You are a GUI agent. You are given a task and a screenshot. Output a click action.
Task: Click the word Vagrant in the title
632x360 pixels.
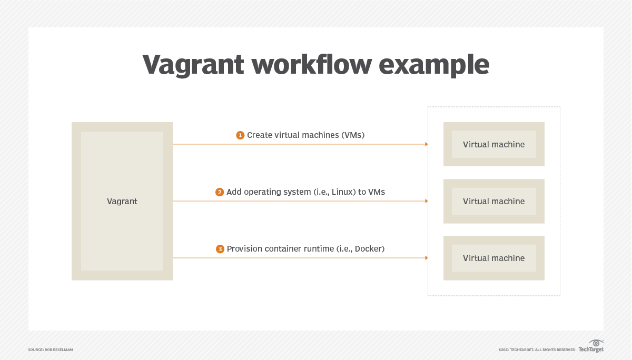pyautogui.click(x=193, y=65)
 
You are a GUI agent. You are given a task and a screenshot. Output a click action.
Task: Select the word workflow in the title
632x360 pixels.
pyautogui.click(x=312, y=65)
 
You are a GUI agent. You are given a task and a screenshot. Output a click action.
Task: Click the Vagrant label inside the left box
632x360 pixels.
pyautogui.click(x=122, y=202)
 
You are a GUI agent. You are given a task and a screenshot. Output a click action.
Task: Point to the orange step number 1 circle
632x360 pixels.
pyautogui.click(x=240, y=135)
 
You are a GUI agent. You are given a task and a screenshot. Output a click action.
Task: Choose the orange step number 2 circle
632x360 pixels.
pyautogui.click(x=220, y=192)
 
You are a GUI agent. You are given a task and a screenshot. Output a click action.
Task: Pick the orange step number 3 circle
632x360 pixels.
pyautogui.click(x=220, y=249)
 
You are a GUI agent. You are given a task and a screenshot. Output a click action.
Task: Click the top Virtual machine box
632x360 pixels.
pyautogui.click(x=493, y=144)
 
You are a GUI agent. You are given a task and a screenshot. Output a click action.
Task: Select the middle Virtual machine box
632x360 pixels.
pyautogui.click(x=493, y=201)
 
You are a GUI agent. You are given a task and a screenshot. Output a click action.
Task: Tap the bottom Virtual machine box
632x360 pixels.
pyautogui.click(x=493, y=258)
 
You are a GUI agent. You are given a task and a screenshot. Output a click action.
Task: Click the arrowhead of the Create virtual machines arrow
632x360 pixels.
pyautogui.click(x=426, y=144)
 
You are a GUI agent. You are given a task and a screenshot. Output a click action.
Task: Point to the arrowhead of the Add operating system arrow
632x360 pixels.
pyautogui.click(x=426, y=201)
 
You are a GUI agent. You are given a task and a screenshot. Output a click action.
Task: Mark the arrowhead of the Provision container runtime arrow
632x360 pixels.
pyautogui.click(x=426, y=258)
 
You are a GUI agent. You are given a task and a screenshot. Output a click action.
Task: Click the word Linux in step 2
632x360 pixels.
pyautogui.click(x=343, y=192)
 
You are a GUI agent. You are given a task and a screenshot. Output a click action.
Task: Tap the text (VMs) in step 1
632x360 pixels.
pyautogui.click(x=353, y=135)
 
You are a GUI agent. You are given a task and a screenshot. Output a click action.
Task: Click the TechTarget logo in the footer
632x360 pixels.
pyautogui.click(x=591, y=346)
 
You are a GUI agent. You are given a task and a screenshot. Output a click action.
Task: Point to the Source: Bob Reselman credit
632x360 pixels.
pyautogui.click(x=50, y=349)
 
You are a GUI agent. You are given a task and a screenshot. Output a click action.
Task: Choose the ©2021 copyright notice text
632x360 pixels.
pyautogui.click(x=536, y=349)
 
